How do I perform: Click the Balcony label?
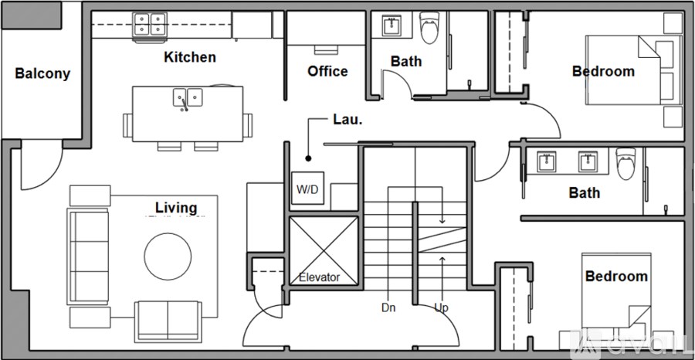[x=42, y=74]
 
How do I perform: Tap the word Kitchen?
[x=190, y=57]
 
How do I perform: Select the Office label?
[x=327, y=71]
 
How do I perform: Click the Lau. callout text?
[x=347, y=120]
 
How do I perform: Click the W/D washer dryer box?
[x=307, y=189]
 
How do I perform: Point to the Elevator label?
[x=320, y=277]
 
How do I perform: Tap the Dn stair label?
[x=388, y=307]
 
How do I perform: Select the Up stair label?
[x=441, y=307]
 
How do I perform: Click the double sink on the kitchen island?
[x=188, y=97]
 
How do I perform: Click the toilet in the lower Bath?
[x=626, y=164]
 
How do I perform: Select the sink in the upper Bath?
[x=392, y=26]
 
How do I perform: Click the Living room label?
[x=176, y=207]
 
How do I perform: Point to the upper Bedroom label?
[x=603, y=71]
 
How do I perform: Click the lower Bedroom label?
[x=615, y=276]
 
